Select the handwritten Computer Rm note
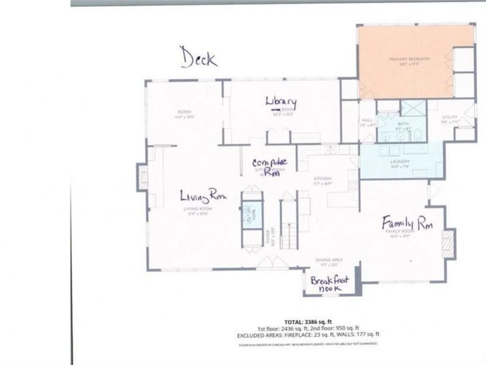pyautogui.click(x=269, y=166)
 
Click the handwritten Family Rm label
pyautogui.click(x=407, y=223)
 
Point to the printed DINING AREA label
pyautogui.click(x=330, y=260)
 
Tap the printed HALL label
pyautogui.click(x=368, y=120)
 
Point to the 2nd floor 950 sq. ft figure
pyautogui.click(x=347, y=328)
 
